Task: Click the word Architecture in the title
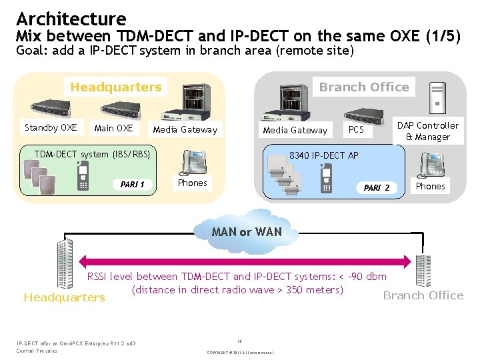pyautogui.click(x=71, y=18)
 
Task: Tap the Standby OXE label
pyautogui.click(x=51, y=127)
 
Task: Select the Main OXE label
pyautogui.click(x=113, y=127)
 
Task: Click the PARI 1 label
pyautogui.click(x=132, y=184)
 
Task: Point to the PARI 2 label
pyautogui.click(x=377, y=187)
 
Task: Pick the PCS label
pyautogui.click(x=356, y=129)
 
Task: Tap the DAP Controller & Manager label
pyautogui.click(x=427, y=131)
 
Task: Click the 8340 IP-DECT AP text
pyautogui.click(x=323, y=155)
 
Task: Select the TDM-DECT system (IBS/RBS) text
pyautogui.click(x=93, y=154)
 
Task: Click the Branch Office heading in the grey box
pyautogui.click(x=364, y=87)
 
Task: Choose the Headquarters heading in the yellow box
pyautogui.click(x=116, y=87)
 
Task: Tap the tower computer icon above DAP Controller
pyautogui.click(x=437, y=95)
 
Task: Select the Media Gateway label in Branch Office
pyautogui.click(x=295, y=130)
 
